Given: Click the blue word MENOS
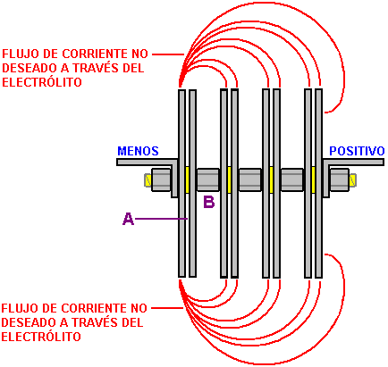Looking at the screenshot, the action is point(138,151).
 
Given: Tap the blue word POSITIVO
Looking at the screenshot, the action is point(357,151).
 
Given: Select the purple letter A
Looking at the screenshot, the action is point(128,219).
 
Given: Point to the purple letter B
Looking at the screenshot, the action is point(208,202).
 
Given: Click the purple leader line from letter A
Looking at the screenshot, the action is point(161,219).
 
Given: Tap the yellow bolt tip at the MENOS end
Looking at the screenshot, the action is point(148,180).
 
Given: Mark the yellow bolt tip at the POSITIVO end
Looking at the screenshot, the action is point(352,180).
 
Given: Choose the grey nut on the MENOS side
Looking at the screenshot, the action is point(161,179).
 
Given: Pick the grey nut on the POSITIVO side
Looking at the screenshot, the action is point(339,179).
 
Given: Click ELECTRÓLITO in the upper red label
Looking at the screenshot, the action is point(42,82).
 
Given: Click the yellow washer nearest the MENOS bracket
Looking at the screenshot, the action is point(187,179).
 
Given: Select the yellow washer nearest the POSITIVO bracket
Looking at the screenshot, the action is point(313,179).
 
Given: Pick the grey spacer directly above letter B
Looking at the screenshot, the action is point(208,179).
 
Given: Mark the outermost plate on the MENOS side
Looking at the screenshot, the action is point(181,183).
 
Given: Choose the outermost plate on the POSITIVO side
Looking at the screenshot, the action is point(319,183).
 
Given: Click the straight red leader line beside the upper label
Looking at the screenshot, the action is point(168,54).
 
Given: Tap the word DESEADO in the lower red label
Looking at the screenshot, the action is point(30,322).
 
